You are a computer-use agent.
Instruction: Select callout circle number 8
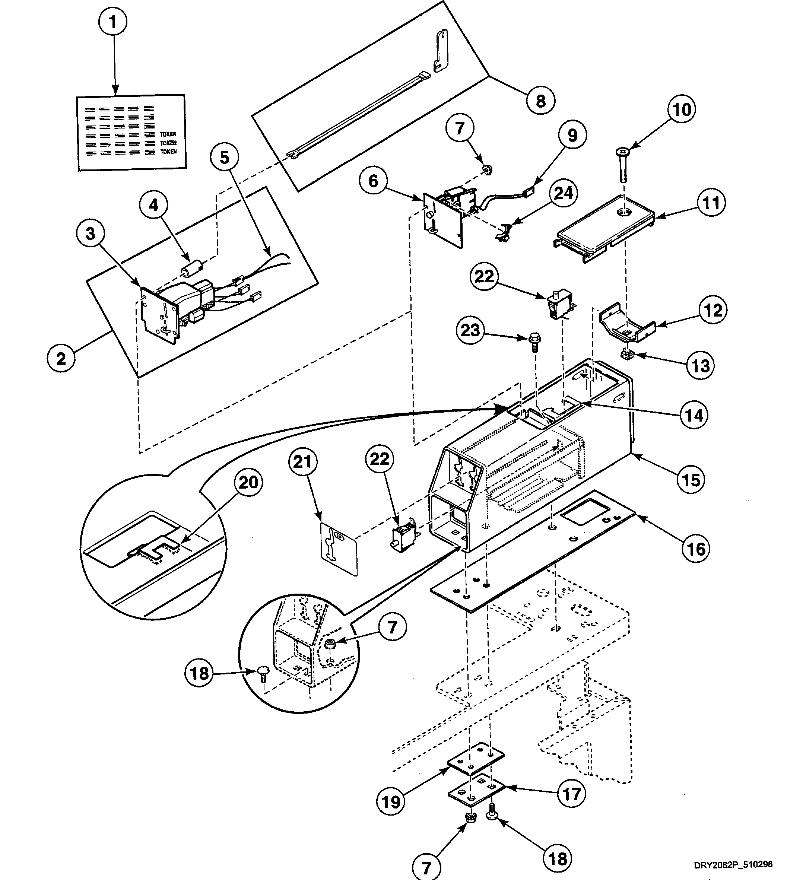coord(540,101)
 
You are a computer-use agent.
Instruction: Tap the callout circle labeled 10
coord(682,109)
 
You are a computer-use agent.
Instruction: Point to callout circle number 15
coord(691,479)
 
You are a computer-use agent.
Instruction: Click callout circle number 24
coord(564,193)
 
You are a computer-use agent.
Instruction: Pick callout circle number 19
coord(391,802)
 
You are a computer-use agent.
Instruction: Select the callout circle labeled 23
coord(470,330)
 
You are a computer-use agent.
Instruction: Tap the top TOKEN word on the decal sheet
coord(168,134)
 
